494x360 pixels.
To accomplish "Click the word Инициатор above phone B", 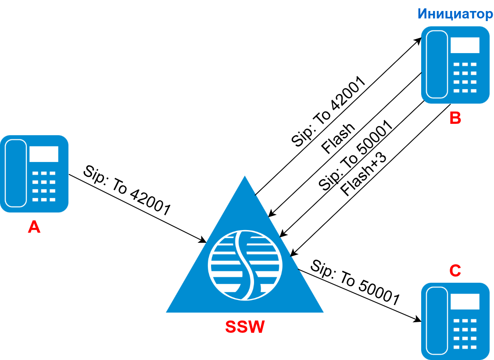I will (x=455, y=14).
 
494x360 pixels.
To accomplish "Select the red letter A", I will (x=34, y=227).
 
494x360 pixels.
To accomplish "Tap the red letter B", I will (x=455, y=118).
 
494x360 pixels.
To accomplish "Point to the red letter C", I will (x=455, y=270).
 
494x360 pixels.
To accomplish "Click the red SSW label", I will (x=245, y=327).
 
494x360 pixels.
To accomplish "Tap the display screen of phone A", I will (x=43, y=154).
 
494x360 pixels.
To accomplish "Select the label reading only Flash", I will (x=338, y=139).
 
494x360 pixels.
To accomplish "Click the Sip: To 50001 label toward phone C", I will (x=355, y=282).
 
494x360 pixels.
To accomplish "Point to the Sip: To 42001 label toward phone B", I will (x=328, y=112).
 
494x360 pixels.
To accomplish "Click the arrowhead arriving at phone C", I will (x=418, y=319).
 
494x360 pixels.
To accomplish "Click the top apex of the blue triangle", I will (x=245, y=177).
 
